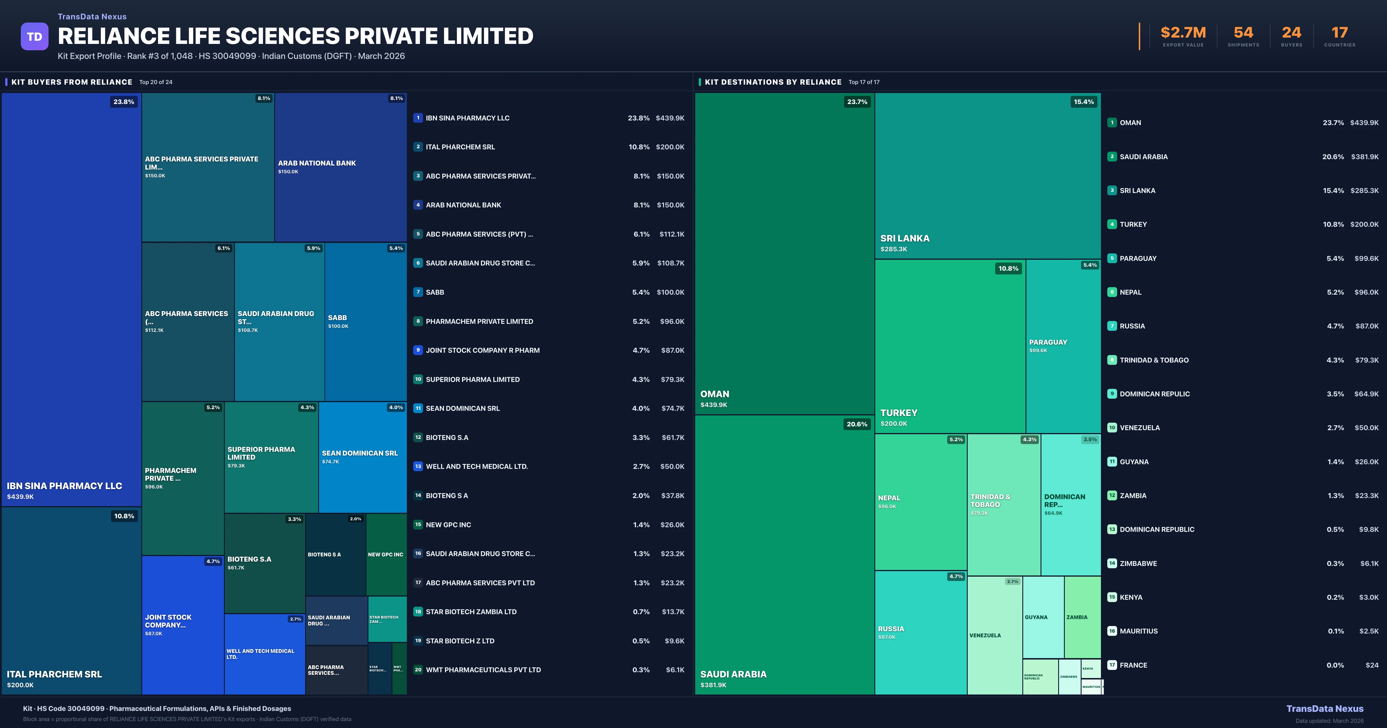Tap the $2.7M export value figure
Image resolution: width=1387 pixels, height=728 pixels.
click(1183, 33)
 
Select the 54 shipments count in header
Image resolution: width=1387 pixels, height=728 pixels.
click(1243, 33)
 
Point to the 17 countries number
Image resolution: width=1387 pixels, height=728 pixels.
click(1340, 33)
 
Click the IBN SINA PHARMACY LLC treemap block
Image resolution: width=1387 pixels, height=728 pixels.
click(71, 299)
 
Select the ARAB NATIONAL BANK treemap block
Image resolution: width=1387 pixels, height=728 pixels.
click(340, 167)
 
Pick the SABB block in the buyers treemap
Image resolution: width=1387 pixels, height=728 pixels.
click(366, 322)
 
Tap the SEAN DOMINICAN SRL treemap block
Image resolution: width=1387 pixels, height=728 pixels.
click(362, 457)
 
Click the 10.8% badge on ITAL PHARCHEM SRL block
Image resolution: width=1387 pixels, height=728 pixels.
click(124, 516)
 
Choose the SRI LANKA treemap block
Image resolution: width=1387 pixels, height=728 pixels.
click(987, 176)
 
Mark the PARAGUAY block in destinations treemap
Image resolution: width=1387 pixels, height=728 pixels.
click(1063, 346)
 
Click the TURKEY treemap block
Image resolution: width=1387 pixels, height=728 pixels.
click(950, 346)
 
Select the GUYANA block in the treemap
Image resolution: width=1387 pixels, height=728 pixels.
click(1043, 617)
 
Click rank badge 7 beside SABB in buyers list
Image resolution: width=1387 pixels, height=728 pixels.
click(418, 292)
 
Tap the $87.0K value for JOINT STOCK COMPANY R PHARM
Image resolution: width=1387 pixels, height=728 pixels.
click(672, 350)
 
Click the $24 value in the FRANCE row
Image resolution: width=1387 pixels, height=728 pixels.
click(1372, 665)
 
